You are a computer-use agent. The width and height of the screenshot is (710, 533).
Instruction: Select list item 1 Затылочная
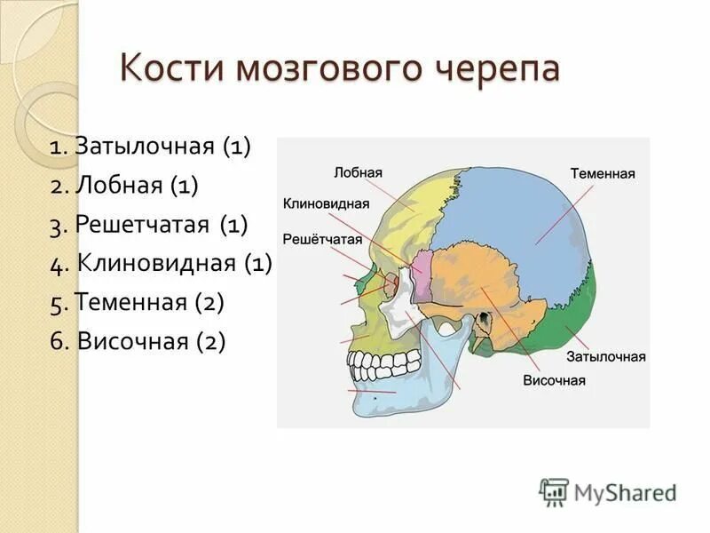[152, 147]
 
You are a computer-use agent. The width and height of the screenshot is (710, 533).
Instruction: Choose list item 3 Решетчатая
[149, 225]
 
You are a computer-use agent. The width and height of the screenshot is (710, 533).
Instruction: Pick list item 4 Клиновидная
[162, 263]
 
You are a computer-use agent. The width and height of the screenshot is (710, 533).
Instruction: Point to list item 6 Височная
[138, 341]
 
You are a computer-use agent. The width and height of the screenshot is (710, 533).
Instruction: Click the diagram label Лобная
[359, 172]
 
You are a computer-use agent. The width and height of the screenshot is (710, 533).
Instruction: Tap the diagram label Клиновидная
[326, 203]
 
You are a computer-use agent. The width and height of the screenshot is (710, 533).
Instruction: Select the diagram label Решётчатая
[323, 239]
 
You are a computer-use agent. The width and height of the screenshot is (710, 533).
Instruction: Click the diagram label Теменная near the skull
[603, 174]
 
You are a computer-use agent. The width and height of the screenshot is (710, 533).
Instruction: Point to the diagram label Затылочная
[606, 356]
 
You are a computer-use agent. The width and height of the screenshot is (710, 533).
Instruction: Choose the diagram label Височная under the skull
[554, 380]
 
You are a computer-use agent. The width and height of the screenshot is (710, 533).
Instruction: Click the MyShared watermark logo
[609, 491]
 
